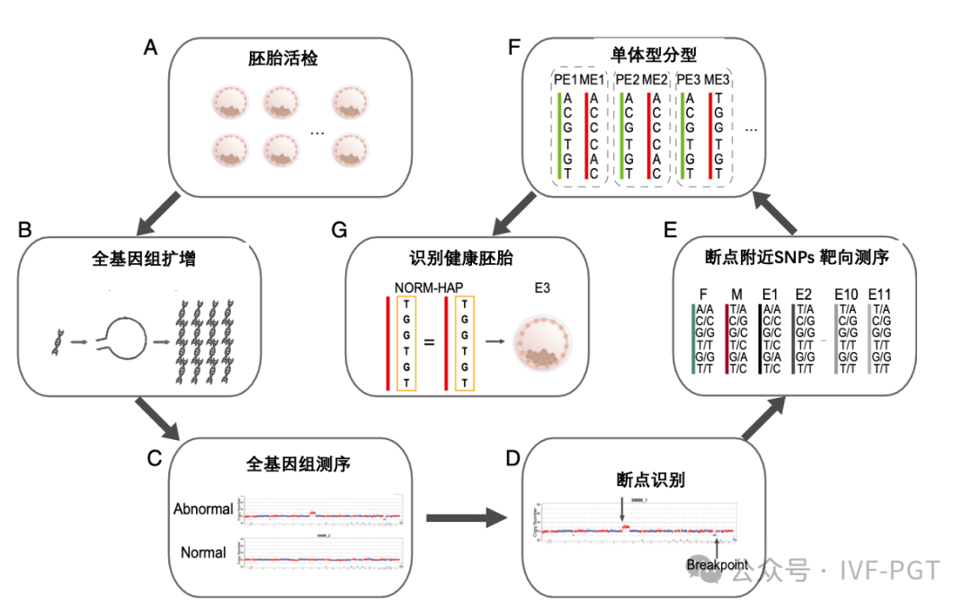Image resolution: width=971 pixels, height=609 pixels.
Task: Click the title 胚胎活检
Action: point(283,60)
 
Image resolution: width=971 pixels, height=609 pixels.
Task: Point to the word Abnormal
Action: point(203,509)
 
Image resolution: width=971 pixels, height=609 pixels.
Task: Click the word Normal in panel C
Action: point(203,552)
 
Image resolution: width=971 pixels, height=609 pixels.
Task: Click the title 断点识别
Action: point(645,480)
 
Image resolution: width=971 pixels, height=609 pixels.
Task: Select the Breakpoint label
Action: point(717,564)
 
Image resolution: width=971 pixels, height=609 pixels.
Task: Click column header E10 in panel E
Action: point(846,294)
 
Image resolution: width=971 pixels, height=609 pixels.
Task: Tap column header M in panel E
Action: point(736,294)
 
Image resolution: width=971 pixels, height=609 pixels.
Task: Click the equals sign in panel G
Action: point(428,342)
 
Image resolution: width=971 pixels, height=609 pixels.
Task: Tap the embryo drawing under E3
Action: point(543,345)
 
